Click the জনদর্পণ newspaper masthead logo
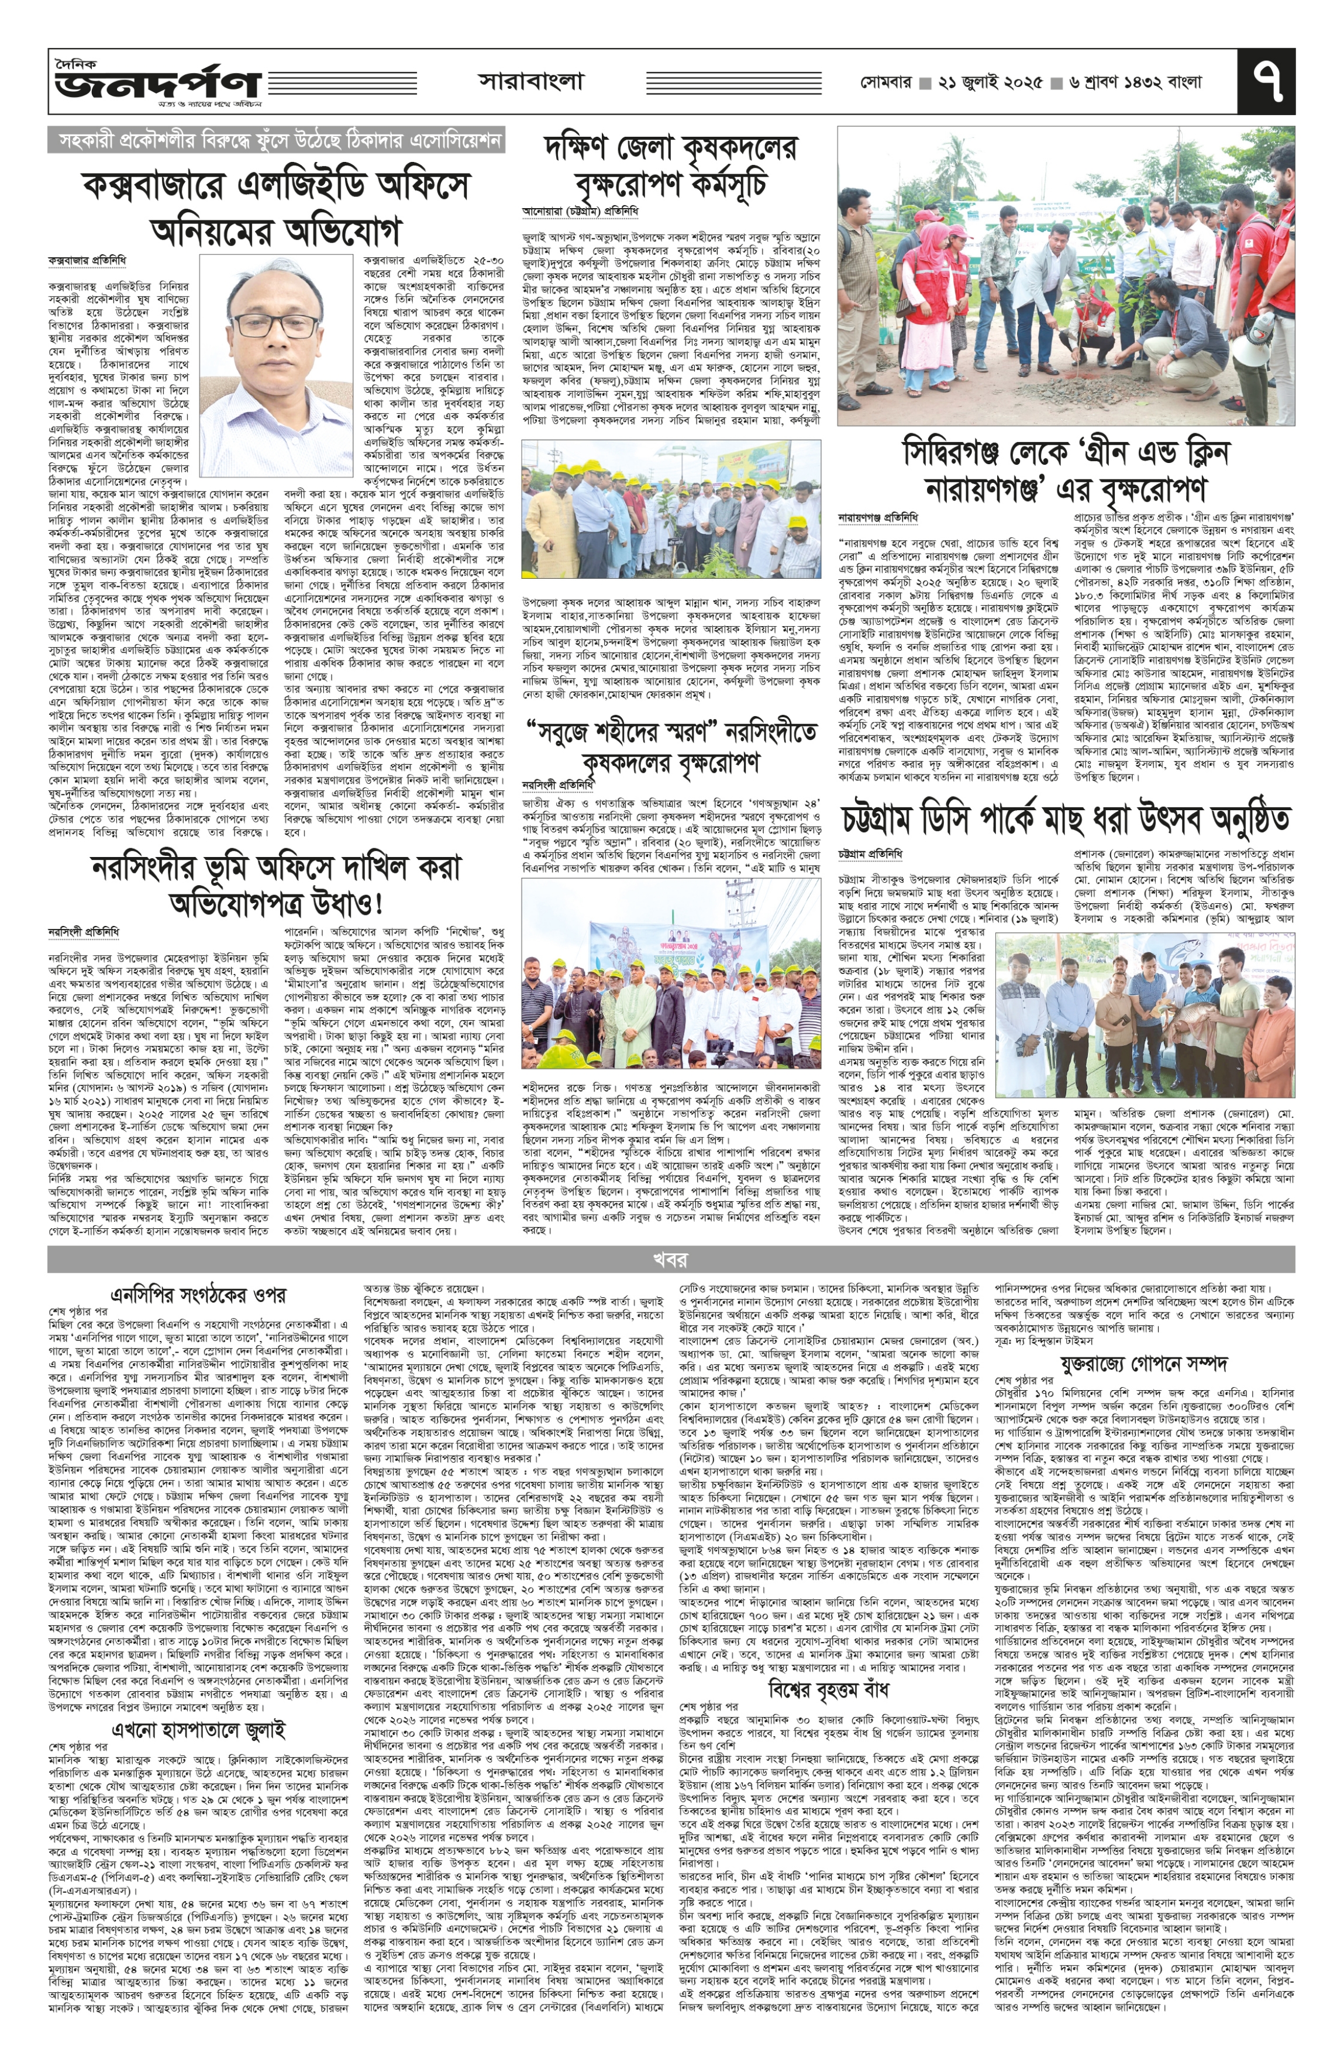point(157,83)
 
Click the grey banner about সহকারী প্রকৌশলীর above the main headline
point(275,140)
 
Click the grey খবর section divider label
point(670,1259)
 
